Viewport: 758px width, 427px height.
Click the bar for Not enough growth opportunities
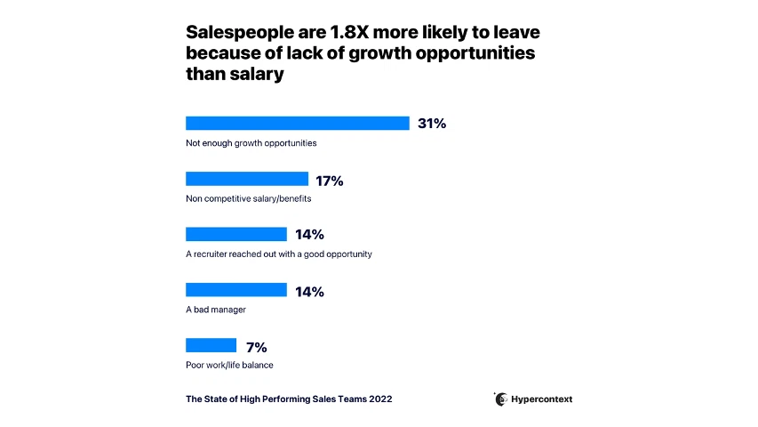point(297,124)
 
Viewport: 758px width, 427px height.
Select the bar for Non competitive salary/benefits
point(246,179)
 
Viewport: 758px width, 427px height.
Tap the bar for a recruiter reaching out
point(235,234)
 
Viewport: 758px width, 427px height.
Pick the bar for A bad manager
point(235,290)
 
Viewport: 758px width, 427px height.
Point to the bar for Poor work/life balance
point(211,345)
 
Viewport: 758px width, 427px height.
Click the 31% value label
point(432,124)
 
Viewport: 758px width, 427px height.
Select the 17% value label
point(330,181)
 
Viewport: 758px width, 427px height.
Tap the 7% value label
point(256,347)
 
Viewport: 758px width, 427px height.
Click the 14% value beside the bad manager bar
point(309,292)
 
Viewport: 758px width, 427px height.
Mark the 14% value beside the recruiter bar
point(309,235)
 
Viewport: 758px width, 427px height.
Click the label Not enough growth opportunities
point(251,143)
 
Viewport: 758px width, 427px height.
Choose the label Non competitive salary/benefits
point(248,198)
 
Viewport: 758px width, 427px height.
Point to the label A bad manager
point(215,310)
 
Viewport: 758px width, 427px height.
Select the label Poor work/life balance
point(229,365)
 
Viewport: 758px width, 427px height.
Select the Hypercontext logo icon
point(501,399)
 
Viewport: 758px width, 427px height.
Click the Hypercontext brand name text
point(542,399)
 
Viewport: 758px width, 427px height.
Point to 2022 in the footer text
point(380,399)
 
